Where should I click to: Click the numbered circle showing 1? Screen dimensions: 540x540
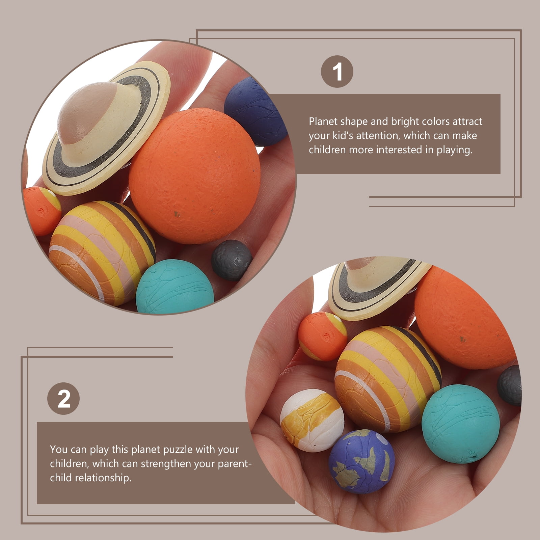point(337,72)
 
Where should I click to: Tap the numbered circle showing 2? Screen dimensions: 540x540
point(63,399)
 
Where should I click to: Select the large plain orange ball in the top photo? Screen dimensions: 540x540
point(195,175)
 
